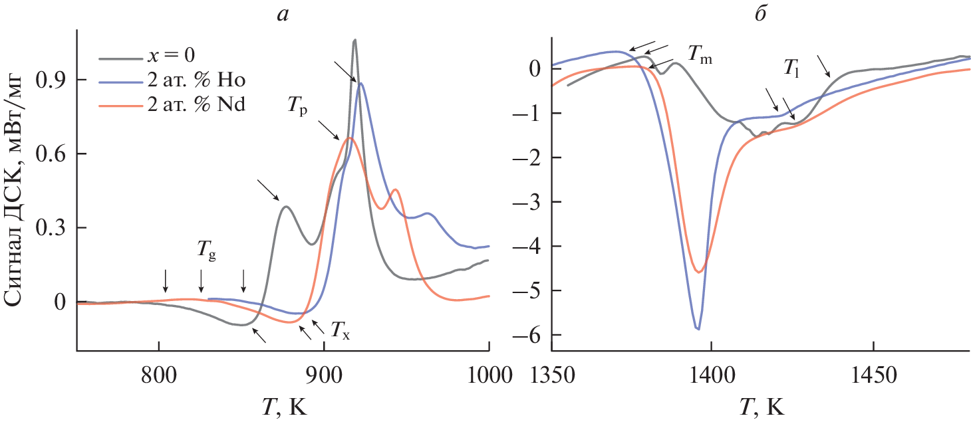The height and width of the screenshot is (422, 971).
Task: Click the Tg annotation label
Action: click(x=206, y=252)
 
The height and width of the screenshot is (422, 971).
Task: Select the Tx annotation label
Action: click(x=340, y=328)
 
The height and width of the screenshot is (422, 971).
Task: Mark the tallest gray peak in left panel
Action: click(x=355, y=41)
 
